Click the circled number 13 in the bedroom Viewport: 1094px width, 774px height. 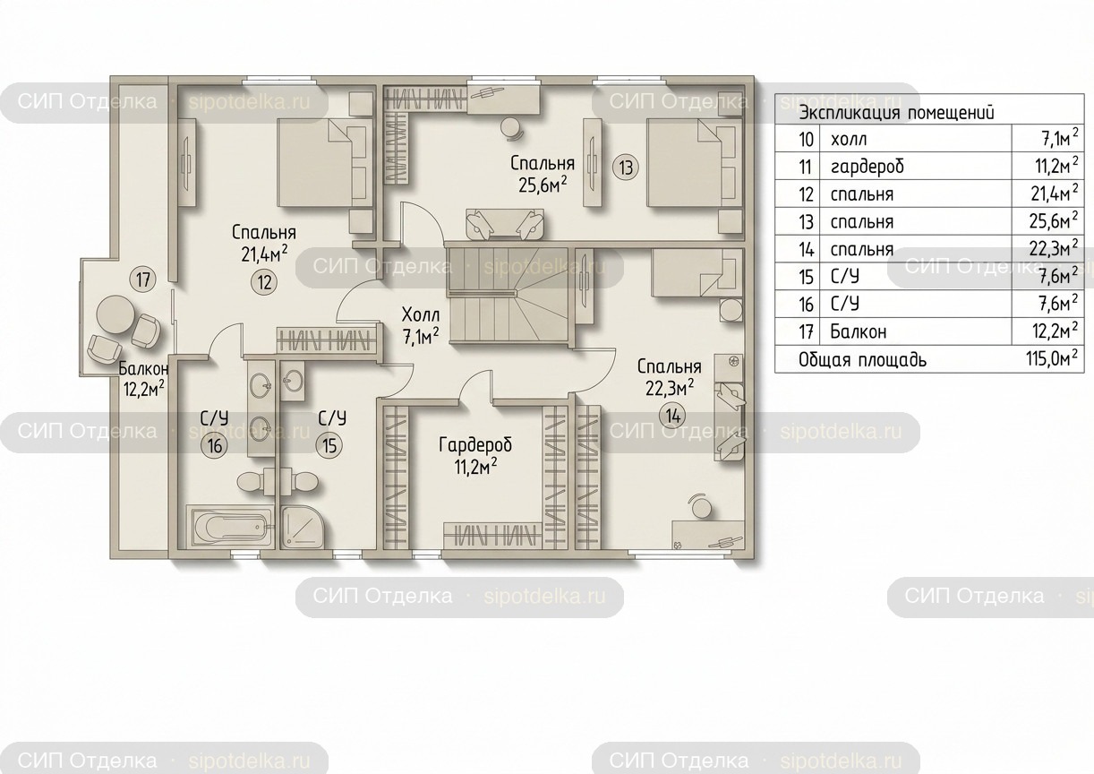tap(625, 168)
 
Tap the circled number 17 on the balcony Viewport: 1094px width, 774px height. tap(143, 280)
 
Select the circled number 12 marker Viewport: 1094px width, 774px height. tap(264, 282)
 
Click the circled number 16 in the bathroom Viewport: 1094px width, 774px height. tap(215, 445)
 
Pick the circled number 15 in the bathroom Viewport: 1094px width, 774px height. tap(329, 445)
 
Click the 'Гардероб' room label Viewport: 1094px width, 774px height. tap(475, 445)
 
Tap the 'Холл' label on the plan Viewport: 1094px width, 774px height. tap(420, 314)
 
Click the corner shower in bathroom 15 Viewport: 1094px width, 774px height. tap(302, 527)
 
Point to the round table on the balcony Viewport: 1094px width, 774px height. tap(115, 315)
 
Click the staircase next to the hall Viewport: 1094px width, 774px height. tap(508, 297)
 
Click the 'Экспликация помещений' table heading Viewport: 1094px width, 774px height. tap(896, 113)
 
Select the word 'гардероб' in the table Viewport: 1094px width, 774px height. tap(868, 168)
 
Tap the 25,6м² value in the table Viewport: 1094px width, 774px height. tap(1054, 221)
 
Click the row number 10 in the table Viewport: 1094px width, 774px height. tap(806, 140)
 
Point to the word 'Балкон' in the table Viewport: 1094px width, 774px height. tap(859, 331)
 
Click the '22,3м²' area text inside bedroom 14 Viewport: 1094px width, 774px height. tap(670, 388)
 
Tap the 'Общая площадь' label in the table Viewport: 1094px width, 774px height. tap(862, 361)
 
